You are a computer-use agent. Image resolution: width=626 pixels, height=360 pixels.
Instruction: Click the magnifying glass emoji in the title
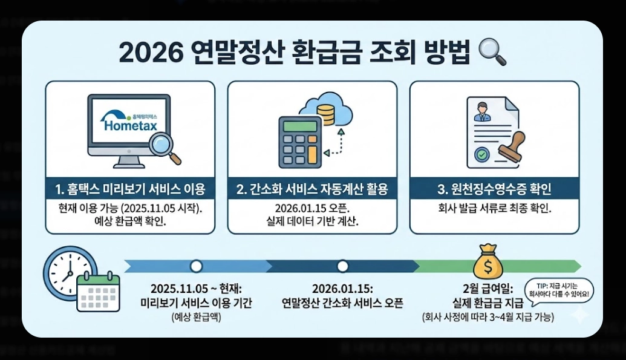point(491,53)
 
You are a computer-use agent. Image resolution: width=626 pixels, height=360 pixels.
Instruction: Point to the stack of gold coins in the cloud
point(327,114)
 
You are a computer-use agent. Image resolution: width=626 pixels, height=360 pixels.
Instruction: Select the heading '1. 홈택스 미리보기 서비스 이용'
point(130,189)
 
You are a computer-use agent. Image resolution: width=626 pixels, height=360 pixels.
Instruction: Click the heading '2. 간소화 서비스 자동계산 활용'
point(312,189)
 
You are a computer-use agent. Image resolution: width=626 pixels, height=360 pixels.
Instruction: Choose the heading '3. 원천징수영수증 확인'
point(494,189)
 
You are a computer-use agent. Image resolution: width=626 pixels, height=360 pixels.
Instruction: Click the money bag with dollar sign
point(488,262)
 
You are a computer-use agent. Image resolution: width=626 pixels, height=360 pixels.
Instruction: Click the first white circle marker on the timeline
point(196,266)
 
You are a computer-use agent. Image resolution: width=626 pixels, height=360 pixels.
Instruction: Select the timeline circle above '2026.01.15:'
point(342,266)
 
